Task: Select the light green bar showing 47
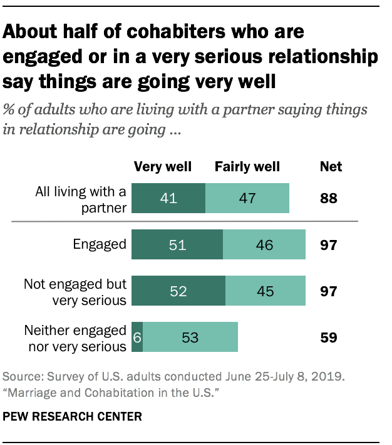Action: tap(247, 199)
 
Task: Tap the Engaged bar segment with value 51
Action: tap(178, 245)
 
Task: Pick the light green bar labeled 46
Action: tap(264, 245)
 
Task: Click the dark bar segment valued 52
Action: tap(179, 291)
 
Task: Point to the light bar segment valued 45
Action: tap(266, 291)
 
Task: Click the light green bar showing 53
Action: tap(190, 337)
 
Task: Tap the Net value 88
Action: tap(329, 199)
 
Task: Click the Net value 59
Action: tap(329, 337)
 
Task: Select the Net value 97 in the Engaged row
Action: tap(329, 245)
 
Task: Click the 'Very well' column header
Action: tap(163, 167)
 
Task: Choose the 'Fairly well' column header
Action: tap(247, 167)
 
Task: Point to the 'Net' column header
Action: tap(331, 167)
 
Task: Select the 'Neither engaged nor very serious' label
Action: tap(75, 337)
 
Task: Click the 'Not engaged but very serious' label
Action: tap(75, 291)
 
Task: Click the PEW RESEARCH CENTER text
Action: tap(73, 416)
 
